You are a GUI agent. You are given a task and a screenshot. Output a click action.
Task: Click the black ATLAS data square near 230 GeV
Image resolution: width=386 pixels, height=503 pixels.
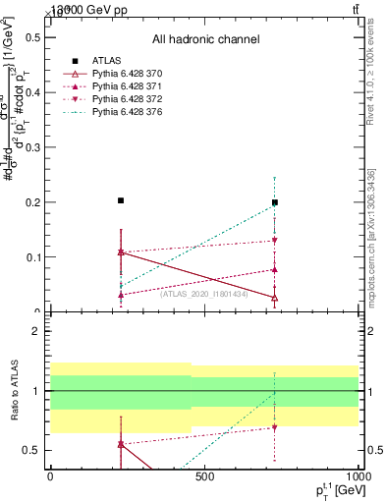pyautogui.click(x=121, y=200)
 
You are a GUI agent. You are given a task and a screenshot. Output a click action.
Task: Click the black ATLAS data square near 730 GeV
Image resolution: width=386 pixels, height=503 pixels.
pyautogui.click(x=275, y=202)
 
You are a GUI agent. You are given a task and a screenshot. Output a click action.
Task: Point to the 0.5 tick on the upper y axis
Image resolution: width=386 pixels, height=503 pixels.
pyautogui.click(x=34, y=37)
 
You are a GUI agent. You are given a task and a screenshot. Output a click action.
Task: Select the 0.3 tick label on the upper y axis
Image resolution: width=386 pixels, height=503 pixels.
pyautogui.click(x=34, y=147)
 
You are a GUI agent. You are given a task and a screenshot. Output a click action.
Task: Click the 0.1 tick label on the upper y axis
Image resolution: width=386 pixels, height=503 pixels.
pyautogui.click(x=34, y=257)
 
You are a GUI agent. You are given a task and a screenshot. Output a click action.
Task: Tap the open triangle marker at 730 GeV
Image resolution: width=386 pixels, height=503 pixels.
pyautogui.click(x=275, y=298)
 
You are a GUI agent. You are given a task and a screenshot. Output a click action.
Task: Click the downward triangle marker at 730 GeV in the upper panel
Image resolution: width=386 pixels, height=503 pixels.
pyautogui.click(x=275, y=240)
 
